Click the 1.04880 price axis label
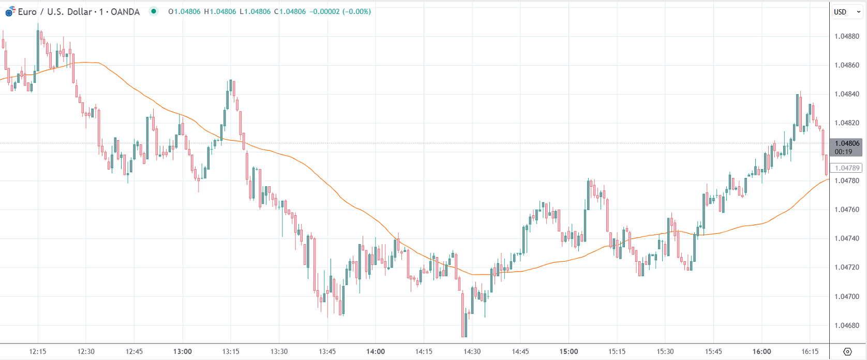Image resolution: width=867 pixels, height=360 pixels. coord(847,36)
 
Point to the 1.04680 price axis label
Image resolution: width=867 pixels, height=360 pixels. coord(847,325)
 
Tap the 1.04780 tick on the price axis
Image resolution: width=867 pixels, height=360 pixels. coord(847,181)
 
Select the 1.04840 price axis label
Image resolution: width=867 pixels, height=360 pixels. coord(847,94)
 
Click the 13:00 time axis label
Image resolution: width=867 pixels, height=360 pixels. coord(183,352)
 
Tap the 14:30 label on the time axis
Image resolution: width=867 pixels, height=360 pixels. coord(472,352)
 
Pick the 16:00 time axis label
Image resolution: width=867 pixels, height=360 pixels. coord(761,352)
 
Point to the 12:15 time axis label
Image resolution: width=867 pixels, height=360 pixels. coord(38,352)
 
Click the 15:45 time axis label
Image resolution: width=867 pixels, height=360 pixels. coord(713,352)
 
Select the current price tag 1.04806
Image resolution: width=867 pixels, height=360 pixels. coord(847,143)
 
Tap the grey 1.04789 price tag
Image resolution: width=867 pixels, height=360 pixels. coord(847,168)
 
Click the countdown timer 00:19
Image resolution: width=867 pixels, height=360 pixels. coord(843,152)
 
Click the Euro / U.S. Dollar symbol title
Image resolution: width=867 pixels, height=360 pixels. coord(55,11)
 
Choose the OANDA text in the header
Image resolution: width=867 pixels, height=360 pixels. coord(125,11)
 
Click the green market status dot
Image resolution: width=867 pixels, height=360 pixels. coord(153,11)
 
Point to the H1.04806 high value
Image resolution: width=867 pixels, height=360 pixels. coord(219,11)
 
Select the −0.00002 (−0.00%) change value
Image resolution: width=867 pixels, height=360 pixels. coord(340,11)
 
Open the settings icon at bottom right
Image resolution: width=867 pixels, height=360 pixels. coord(847,352)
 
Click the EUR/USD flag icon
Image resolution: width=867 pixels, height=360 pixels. coord(10,11)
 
